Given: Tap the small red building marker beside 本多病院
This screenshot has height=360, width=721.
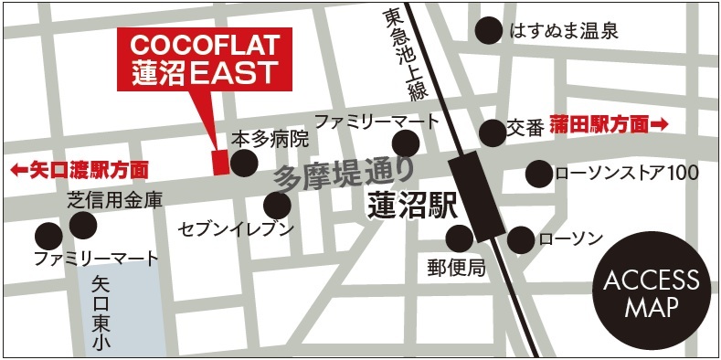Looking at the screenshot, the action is coord(219,162).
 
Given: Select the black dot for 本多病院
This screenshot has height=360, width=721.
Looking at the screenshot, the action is coord(243,163).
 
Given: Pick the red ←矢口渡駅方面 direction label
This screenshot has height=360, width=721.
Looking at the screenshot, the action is coord(79,169).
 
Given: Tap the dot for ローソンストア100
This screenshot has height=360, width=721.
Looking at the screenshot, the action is coord(538,173).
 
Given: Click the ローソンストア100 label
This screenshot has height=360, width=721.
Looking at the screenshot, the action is coord(626,173).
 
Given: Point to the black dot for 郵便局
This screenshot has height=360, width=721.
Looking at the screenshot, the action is coord(459,240).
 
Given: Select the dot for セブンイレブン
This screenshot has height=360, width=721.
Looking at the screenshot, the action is coord(277,206).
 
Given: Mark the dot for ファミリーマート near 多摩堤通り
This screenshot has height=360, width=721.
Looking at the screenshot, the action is coord(405,143).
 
